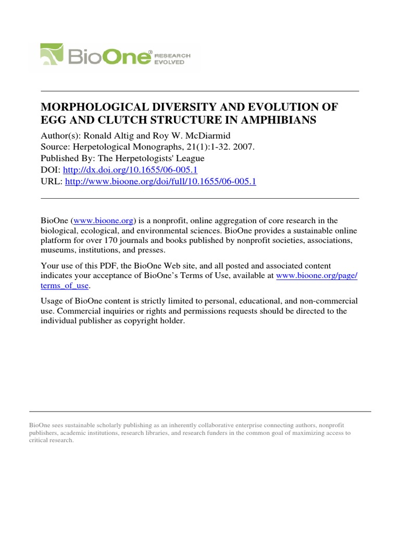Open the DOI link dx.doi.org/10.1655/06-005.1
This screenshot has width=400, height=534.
click(130, 170)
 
